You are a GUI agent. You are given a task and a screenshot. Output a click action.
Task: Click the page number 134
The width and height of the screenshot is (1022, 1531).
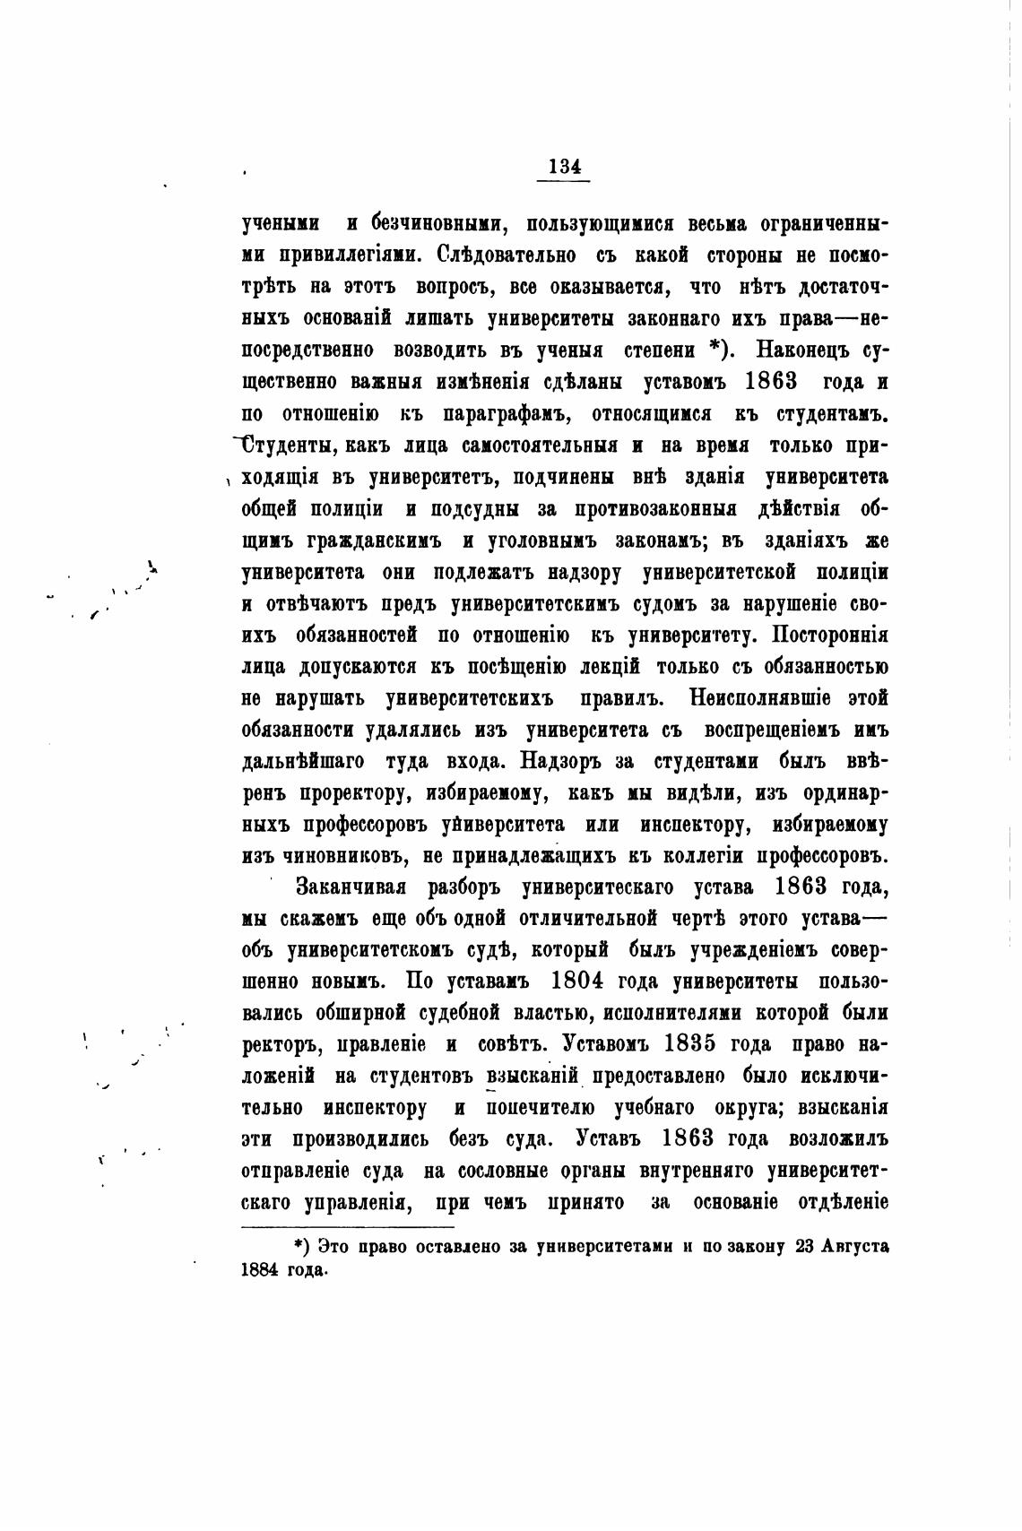pyautogui.click(x=563, y=167)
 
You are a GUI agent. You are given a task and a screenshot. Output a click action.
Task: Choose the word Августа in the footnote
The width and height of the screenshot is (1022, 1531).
pyautogui.click(x=859, y=1247)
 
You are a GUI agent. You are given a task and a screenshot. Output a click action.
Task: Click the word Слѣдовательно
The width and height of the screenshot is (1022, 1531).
pyautogui.click(x=507, y=254)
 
